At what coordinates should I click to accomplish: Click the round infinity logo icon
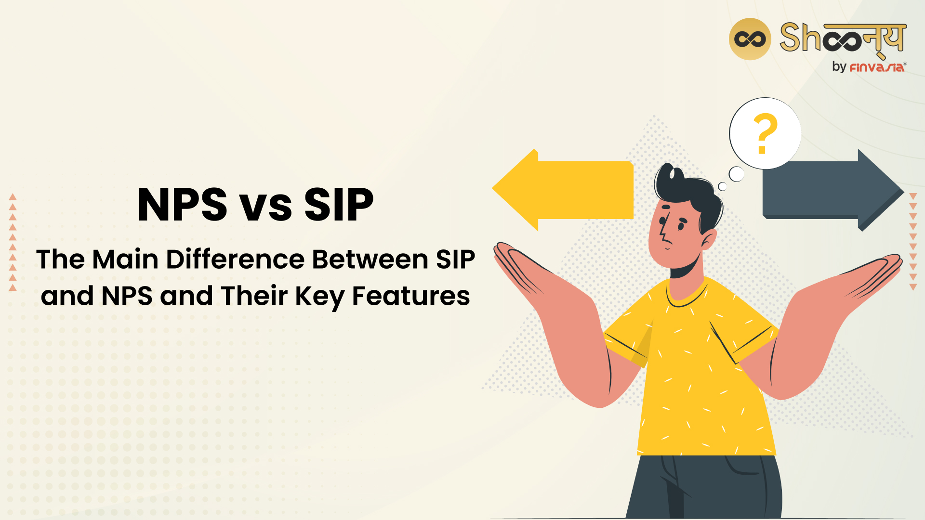(750, 39)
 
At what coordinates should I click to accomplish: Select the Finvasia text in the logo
(876, 67)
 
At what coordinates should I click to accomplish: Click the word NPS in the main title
(182, 205)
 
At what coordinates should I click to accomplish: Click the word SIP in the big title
(339, 205)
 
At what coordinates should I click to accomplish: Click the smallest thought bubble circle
(722, 186)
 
